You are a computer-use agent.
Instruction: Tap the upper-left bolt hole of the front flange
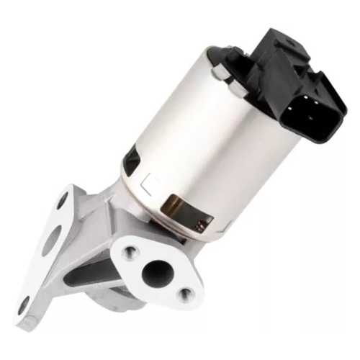point(131,251)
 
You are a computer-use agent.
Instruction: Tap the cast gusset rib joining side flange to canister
point(94,216)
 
